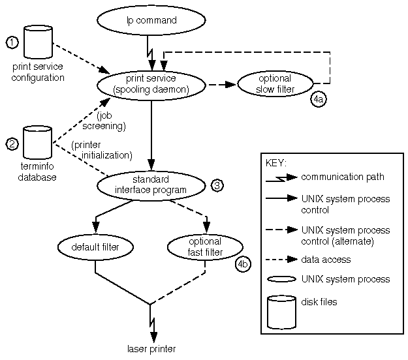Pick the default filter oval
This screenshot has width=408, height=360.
click(x=95, y=246)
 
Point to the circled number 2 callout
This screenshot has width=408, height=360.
click(x=12, y=144)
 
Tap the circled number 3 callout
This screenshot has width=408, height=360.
click(x=217, y=185)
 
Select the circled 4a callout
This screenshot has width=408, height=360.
click(x=319, y=100)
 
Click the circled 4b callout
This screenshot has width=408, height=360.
click(x=242, y=264)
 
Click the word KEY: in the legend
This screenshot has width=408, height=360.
click(x=277, y=162)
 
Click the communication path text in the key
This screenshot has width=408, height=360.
click(x=342, y=177)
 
